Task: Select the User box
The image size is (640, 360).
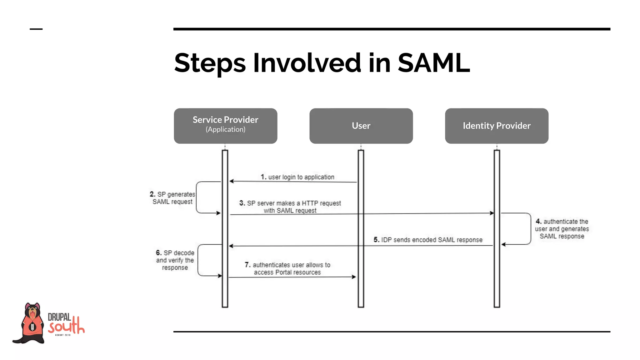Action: click(x=361, y=126)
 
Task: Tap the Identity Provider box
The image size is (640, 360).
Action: click(x=497, y=126)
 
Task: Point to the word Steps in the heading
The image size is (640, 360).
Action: click(x=210, y=63)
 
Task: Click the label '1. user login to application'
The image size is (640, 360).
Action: click(x=297, y=177)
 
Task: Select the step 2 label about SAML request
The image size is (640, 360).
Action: click(x=172, y=198)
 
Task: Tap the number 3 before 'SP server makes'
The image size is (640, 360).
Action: click(x=242, y=203)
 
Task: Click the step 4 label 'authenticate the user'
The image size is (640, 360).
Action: click(x=562, y=229)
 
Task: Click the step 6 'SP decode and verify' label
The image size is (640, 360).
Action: click(x=175, y=260)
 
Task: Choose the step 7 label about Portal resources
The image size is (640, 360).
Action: click(x=287, y=268)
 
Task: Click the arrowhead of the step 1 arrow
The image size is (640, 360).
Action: click(x=231, y=181)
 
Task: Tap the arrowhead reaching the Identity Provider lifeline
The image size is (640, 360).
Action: click(x=492, y=213)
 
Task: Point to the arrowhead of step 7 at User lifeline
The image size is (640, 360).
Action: click(x=354, y=277)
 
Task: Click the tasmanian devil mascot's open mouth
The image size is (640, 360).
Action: click(x=32, y=313)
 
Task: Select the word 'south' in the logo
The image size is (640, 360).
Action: click(x=66, y=327)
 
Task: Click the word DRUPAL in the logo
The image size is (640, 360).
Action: click(x=59, y=317)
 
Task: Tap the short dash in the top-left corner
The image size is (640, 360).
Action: click(x=36, y=29)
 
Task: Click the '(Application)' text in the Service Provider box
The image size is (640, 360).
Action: click(x=225, y=129)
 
